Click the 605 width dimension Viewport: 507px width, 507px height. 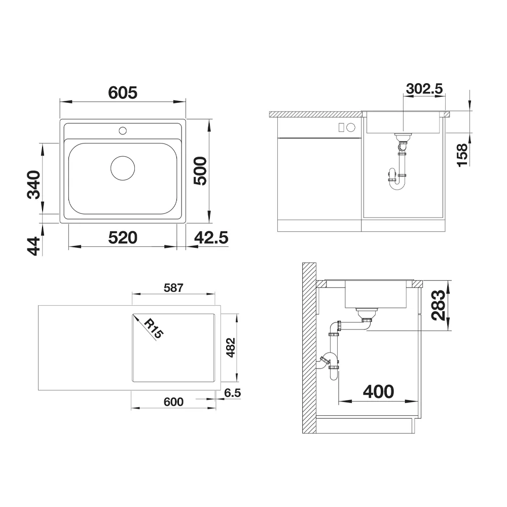pos(123,93)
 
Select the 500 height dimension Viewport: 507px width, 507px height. pos(200,171)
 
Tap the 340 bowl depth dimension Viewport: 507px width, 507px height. pos(33,185)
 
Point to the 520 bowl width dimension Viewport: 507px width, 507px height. pos(123,238)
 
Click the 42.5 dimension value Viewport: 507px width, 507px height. pos(211,238)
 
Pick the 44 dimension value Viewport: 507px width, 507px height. pos(33,246)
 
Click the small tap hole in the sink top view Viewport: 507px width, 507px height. pos(123,131)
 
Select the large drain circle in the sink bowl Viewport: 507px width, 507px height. pos(123,168)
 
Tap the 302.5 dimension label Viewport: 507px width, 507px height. pos(424,89)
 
